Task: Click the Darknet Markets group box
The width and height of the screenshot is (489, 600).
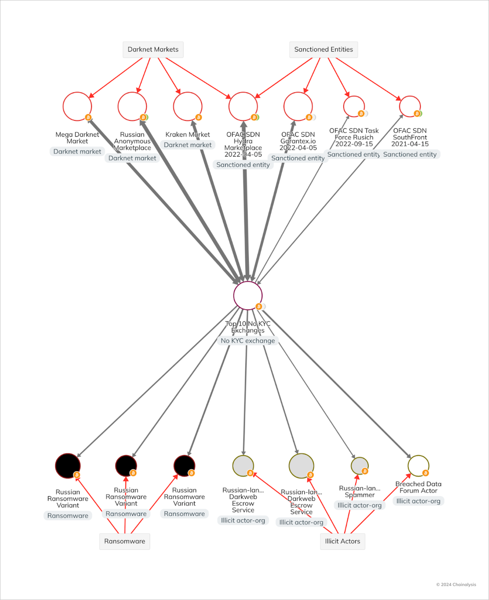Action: click(x=153, y=50)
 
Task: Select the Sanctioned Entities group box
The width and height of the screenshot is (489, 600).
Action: click(x=323, y=50)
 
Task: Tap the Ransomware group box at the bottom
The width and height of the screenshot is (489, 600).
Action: click(x=125, y=541)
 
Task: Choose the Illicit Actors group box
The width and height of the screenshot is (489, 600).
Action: click(x=342, y=541)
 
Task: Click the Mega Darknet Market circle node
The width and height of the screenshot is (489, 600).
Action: click(x=77, y=106)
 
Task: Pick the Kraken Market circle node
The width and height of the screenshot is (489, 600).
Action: click(x=188, y=106)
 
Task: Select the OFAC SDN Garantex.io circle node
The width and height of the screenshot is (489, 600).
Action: click(x=298, y=106)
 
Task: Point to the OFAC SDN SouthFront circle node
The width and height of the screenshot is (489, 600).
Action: click(x=410, y=106)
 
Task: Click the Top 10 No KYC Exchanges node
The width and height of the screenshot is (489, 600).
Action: click(x=248, y=295)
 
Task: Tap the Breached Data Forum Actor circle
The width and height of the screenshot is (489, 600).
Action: click(x=418, y=466)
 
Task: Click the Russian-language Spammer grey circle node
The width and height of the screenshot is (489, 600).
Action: click(x=359, y=466)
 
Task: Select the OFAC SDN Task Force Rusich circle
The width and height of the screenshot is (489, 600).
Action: click(x=354, y=106)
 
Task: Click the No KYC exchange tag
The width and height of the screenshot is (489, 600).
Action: click(x=248, y=341)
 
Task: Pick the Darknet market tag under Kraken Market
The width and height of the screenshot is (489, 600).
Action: click(x=188, y=145)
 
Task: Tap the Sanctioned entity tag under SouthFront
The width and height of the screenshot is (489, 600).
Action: click(x=410, y=154)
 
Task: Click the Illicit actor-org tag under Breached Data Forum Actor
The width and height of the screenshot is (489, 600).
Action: click(x=418, y=501)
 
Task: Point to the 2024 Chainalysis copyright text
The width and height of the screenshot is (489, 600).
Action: click(x=456, y=584)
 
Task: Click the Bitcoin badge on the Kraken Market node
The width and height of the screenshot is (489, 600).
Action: click(x=198, y=117)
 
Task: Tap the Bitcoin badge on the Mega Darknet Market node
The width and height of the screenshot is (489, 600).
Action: click(x=88, y=117)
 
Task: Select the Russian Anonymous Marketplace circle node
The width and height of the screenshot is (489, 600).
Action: click(x=132, y=106)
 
